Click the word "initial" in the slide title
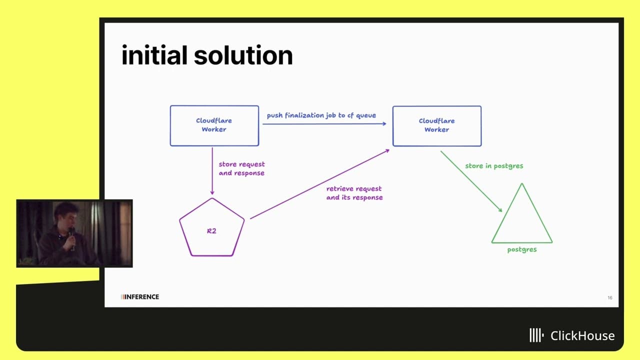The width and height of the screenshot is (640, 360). coord(154,55)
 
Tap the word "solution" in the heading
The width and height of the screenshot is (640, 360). coord(243,55)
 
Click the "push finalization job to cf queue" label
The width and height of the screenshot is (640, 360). coord(321,115)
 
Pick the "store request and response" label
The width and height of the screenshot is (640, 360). coord(241,168)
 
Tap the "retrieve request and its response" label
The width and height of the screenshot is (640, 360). coord(354,193)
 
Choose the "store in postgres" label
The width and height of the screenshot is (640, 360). coord(494,166)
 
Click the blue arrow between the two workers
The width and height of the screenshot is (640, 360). coord(324,124)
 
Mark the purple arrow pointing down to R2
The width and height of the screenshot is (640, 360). coord(212,171)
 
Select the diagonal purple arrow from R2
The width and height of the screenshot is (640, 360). coord(319,184)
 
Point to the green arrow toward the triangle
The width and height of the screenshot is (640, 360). coord(471,181)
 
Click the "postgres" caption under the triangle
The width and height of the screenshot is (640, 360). coord(522,249)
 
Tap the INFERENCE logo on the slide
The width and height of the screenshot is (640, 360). coord(140,297)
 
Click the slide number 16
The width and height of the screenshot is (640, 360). coord(610,297)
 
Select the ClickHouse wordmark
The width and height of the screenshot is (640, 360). coord(571,335)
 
